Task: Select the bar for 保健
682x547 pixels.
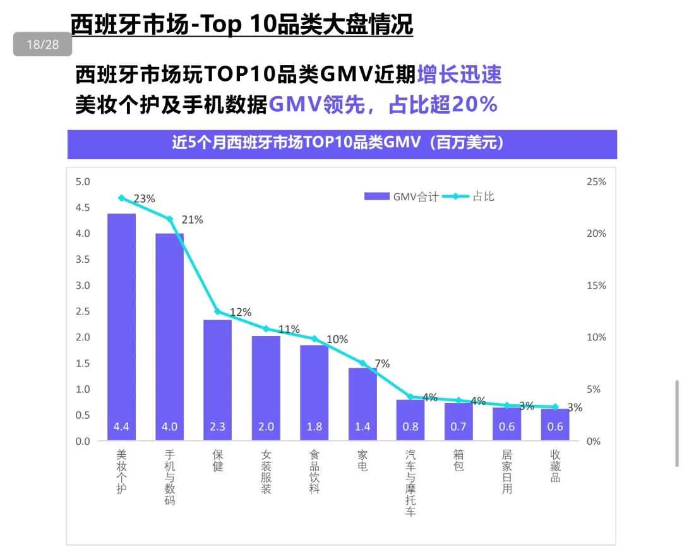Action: (218, 380)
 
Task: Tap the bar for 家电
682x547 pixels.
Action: (362, 404)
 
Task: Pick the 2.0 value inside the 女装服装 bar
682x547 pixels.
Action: (266, 427)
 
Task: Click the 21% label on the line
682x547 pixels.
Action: (193, 220)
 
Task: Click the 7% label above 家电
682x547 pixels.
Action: (382, 363)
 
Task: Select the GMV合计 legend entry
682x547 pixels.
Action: (401, 196)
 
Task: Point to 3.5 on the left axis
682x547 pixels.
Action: (83, 260)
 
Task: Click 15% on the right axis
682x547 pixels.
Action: (596, 286)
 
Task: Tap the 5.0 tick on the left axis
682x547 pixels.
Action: (83, 182)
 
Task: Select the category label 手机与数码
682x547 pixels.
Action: (169, 477)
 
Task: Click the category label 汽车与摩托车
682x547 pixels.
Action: (410, 483)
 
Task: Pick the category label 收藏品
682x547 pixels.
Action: (555, 466)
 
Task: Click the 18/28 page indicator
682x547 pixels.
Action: (42, 45)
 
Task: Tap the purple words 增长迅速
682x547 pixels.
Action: (459, 75)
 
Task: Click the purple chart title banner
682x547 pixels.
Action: (342, 143)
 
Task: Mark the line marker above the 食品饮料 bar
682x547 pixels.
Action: (314, 339)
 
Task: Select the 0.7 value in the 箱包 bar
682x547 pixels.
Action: (458, 427)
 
